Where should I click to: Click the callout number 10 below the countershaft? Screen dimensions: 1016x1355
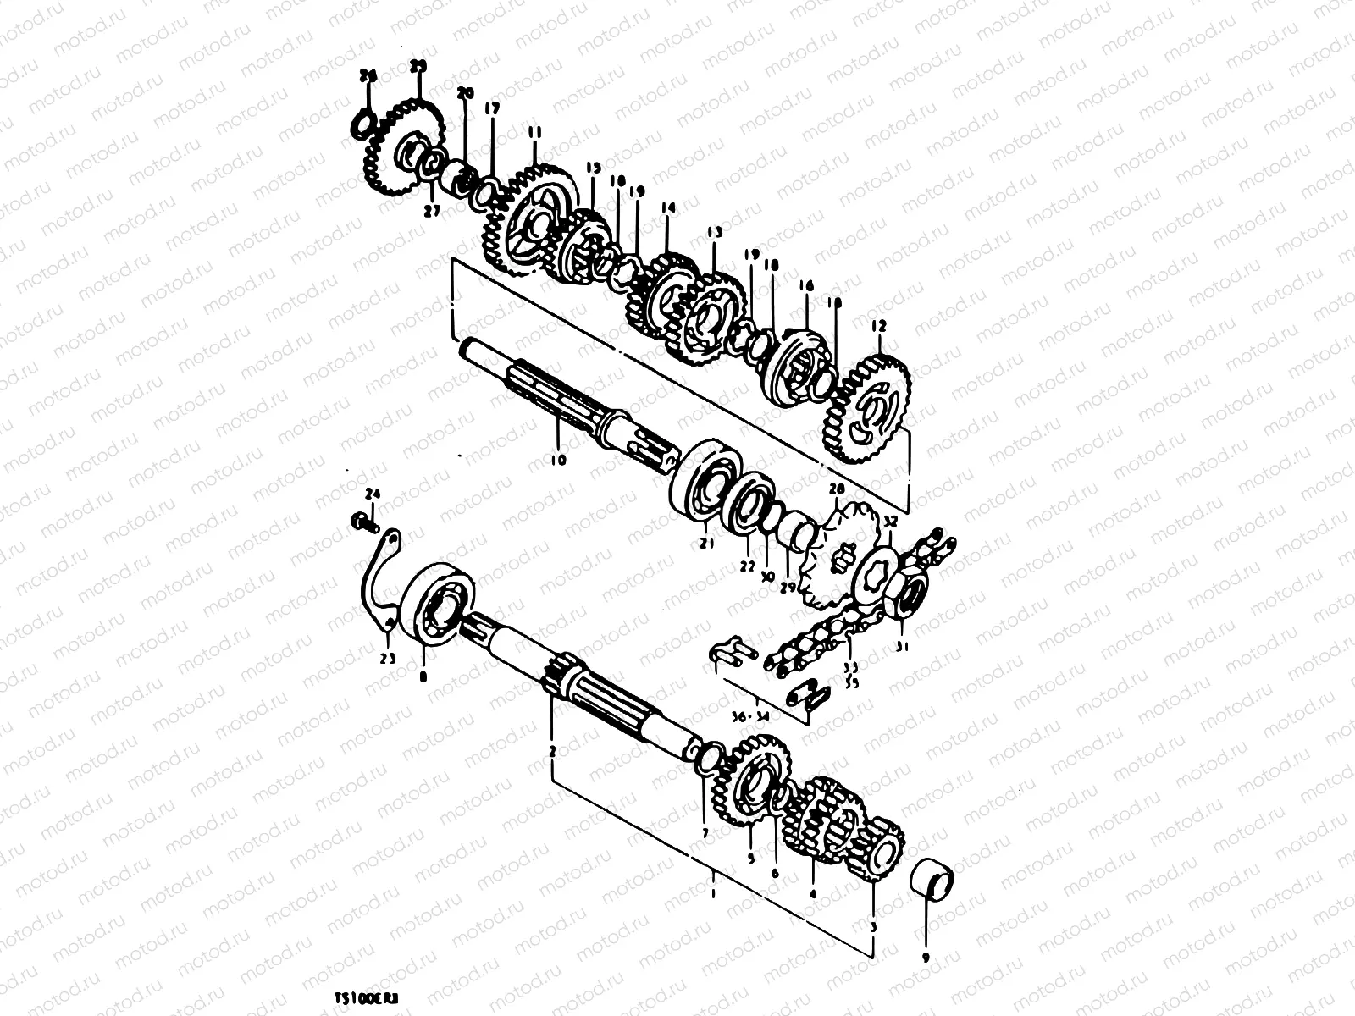(x=557, y=461)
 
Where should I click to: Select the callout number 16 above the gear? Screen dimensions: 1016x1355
(x=805, y=287)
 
